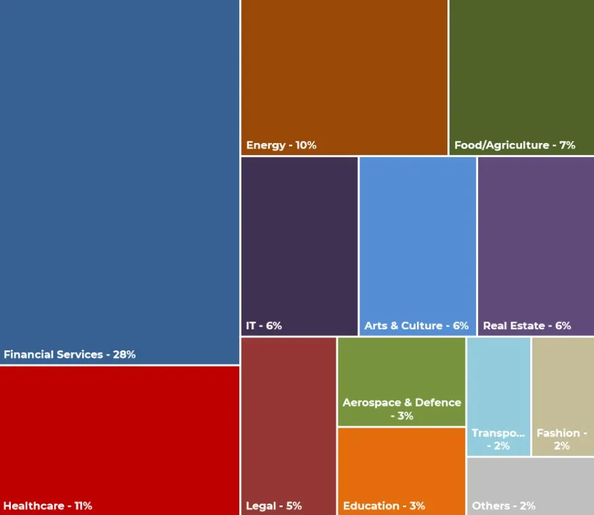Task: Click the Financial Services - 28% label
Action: click(70, 354)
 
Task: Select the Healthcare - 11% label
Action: click(47, 506)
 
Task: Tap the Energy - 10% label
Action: click(281, 145)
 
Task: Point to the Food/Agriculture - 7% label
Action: click(515, 145)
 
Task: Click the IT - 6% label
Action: click(264, 326)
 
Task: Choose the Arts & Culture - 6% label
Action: click(416, 326)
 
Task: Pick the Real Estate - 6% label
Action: click(527, 326)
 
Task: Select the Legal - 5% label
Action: click(274, 506)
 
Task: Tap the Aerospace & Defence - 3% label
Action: click(401, 409)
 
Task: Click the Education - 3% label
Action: click(384, 506)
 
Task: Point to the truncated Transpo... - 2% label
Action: click(498, 439)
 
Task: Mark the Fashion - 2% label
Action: click(561, 439)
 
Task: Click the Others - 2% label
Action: click(504, 506)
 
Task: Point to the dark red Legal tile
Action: click(289, 420)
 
